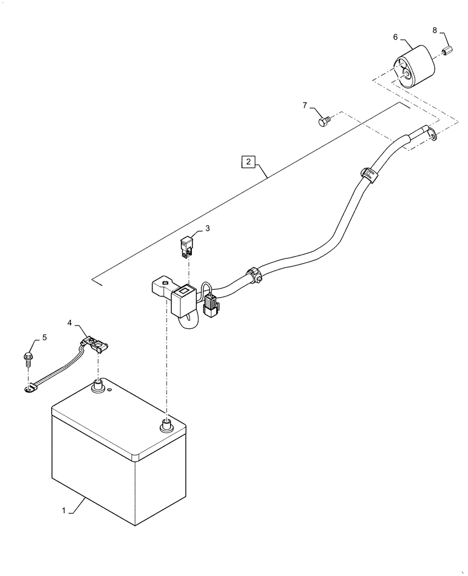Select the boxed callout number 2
247,161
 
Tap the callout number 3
207,228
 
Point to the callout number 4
69,323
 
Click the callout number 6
395,37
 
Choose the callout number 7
305,105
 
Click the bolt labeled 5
28,359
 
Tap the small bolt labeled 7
324,122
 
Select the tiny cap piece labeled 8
445,52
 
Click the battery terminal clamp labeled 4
95,346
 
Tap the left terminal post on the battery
97,385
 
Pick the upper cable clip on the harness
367,174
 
